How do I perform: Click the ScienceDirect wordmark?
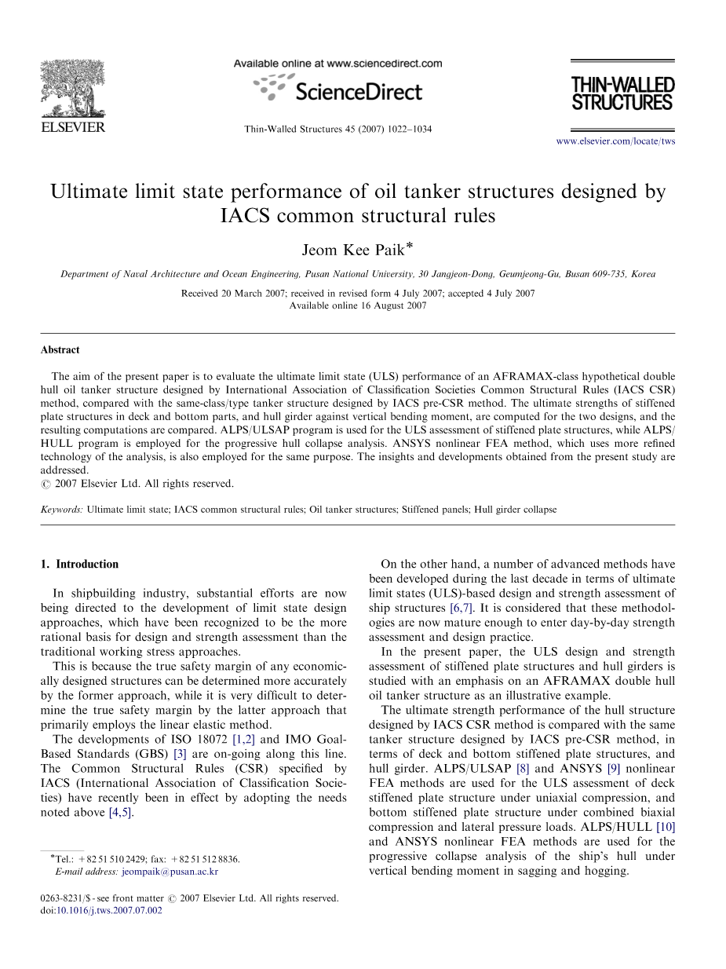click(359, 92)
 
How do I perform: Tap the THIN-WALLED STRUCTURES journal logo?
click(622, 93)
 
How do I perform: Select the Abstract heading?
click(60, 350)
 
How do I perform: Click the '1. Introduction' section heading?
click(79, 564)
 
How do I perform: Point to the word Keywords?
click(62, 510)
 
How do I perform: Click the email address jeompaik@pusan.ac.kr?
click(170, 872)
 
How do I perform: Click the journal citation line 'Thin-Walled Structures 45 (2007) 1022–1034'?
click(338, 129)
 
